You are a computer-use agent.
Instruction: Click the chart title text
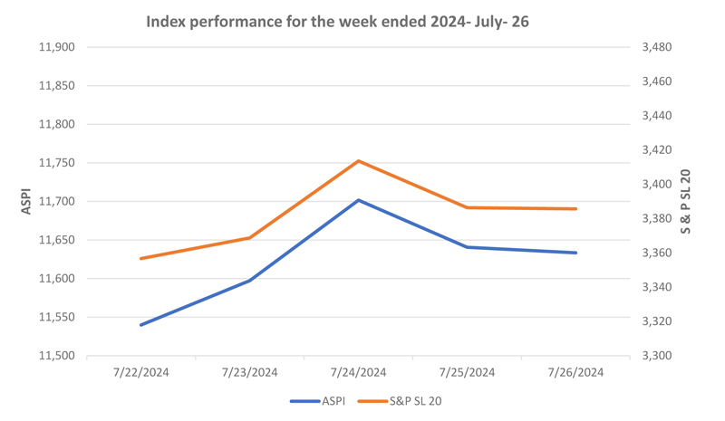coord(337,22)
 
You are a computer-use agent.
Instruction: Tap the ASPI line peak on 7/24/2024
coord(358,200)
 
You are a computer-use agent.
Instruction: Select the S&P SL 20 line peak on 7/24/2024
coord(358,161)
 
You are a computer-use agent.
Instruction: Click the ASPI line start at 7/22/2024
coord(141,325)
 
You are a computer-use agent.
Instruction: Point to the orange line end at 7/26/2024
coord(575,209)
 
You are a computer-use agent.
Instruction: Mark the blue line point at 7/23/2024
coord(250,281)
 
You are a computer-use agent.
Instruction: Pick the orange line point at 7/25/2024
coord(467,207)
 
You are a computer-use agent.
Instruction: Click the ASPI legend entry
coord(318,401)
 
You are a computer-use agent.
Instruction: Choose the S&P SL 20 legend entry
coord(400,401)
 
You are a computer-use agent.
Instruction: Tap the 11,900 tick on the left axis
coord(57,47)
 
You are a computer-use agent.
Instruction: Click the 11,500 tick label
coord(57,356)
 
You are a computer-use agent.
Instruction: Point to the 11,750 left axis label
coord(57,163)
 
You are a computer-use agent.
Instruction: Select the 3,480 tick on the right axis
coord(657,47)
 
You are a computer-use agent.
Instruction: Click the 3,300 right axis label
coord(657,356)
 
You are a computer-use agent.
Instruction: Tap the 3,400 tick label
coord(657,185)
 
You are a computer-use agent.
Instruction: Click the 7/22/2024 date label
coord(141,372)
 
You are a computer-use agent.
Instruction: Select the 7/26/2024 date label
coord(575,372)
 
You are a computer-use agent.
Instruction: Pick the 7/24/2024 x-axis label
coord(358,372)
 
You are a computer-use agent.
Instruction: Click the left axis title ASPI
coord(26,201)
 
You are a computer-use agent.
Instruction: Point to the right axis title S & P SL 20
coord(685,202)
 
